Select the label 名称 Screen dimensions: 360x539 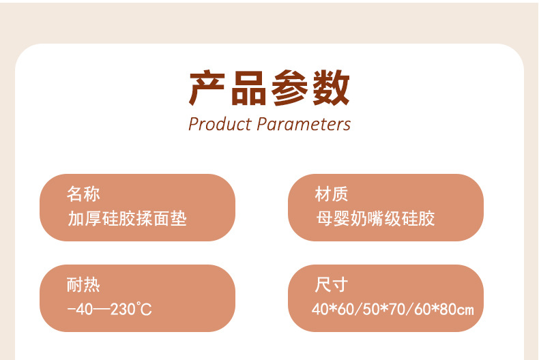(x=83, y=194)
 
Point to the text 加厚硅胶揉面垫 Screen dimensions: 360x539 (x=127, y=219)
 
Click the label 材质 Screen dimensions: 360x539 (x=332, y=194)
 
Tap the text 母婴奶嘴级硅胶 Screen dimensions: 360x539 (x=375, y=219)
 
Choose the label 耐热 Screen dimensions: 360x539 (x=83, y=285)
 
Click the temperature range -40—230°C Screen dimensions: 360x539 (x=110, y=310)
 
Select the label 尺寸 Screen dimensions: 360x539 (x=332, y=285)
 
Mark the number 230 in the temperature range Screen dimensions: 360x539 (x=123, y=310)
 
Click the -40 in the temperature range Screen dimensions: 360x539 (x=79, y=310)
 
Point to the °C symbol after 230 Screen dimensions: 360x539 (x=145, y=310)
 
